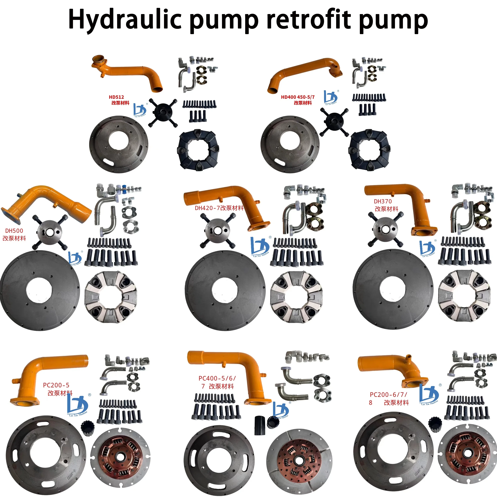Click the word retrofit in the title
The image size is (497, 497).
[309, 19]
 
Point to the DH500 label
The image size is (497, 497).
[14, 231]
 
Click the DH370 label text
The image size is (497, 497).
[383, 201]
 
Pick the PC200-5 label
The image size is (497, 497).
[56, 385]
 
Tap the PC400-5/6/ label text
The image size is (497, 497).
[217, 378]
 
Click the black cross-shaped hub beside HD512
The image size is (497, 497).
[163, 113]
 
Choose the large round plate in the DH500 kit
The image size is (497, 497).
[40, 291]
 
